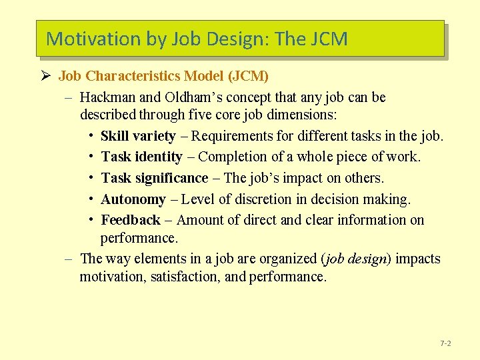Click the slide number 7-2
click(445, 343)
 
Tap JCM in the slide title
click(329, 39)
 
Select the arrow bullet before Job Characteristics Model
click(46, 76)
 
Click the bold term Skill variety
click(138, 136)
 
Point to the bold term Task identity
click(141, 157)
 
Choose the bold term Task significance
click(155, 178)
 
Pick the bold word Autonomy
click(133, 199)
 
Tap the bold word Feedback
click(131, 220)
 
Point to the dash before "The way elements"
click(69, 259)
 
